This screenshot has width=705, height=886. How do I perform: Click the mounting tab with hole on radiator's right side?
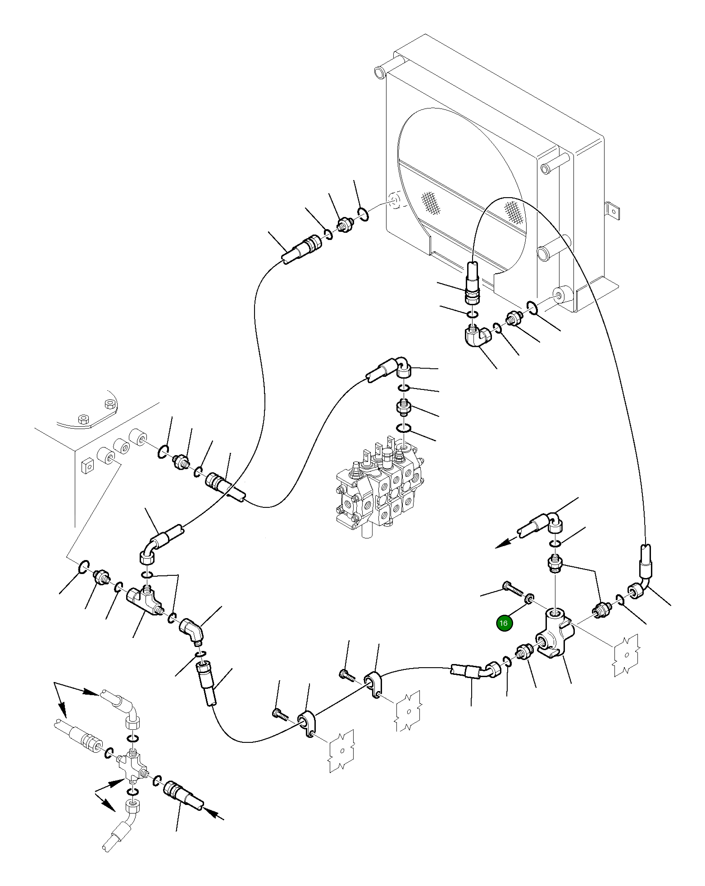[612, 210]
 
